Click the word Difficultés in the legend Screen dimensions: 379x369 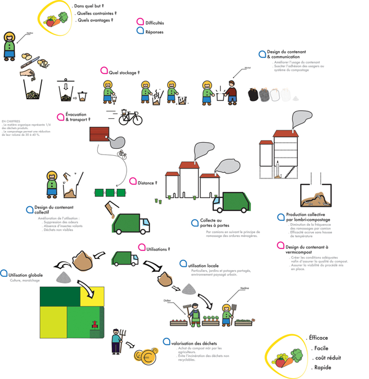154,23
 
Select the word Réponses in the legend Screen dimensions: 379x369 154,31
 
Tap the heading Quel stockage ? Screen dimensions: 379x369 124,72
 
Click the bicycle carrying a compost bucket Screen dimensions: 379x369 130,117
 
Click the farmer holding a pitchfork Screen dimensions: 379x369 116,342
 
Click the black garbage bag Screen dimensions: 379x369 252,95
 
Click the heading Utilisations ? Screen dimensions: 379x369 154,249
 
